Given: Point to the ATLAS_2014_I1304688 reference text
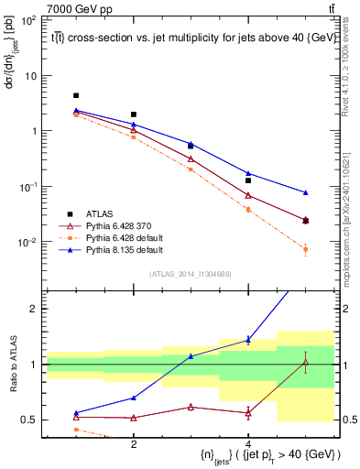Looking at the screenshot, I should (x=191, y=274).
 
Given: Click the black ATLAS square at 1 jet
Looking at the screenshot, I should (x=76, y=95).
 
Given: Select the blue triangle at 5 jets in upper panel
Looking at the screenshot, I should (x=305, y=192).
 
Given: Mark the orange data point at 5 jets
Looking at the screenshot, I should (x=305, y=249).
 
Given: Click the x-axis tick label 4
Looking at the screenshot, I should (x=248, y=443).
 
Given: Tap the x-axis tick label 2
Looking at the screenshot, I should (x=134, y=443).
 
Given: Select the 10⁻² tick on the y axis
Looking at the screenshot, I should (x=27, y=243).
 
